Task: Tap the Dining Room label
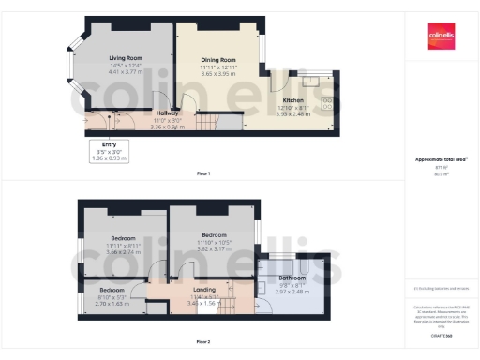click(217, 58)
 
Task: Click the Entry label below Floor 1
click(111, 144)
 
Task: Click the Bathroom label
click(292, 278)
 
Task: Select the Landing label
click(204, 291)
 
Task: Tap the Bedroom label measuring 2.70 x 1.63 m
click(112, 291)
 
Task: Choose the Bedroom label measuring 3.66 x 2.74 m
click(124, 238)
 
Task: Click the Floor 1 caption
click(203, 174)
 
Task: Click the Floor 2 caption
click(203, 341)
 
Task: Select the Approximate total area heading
click(441, 159)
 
